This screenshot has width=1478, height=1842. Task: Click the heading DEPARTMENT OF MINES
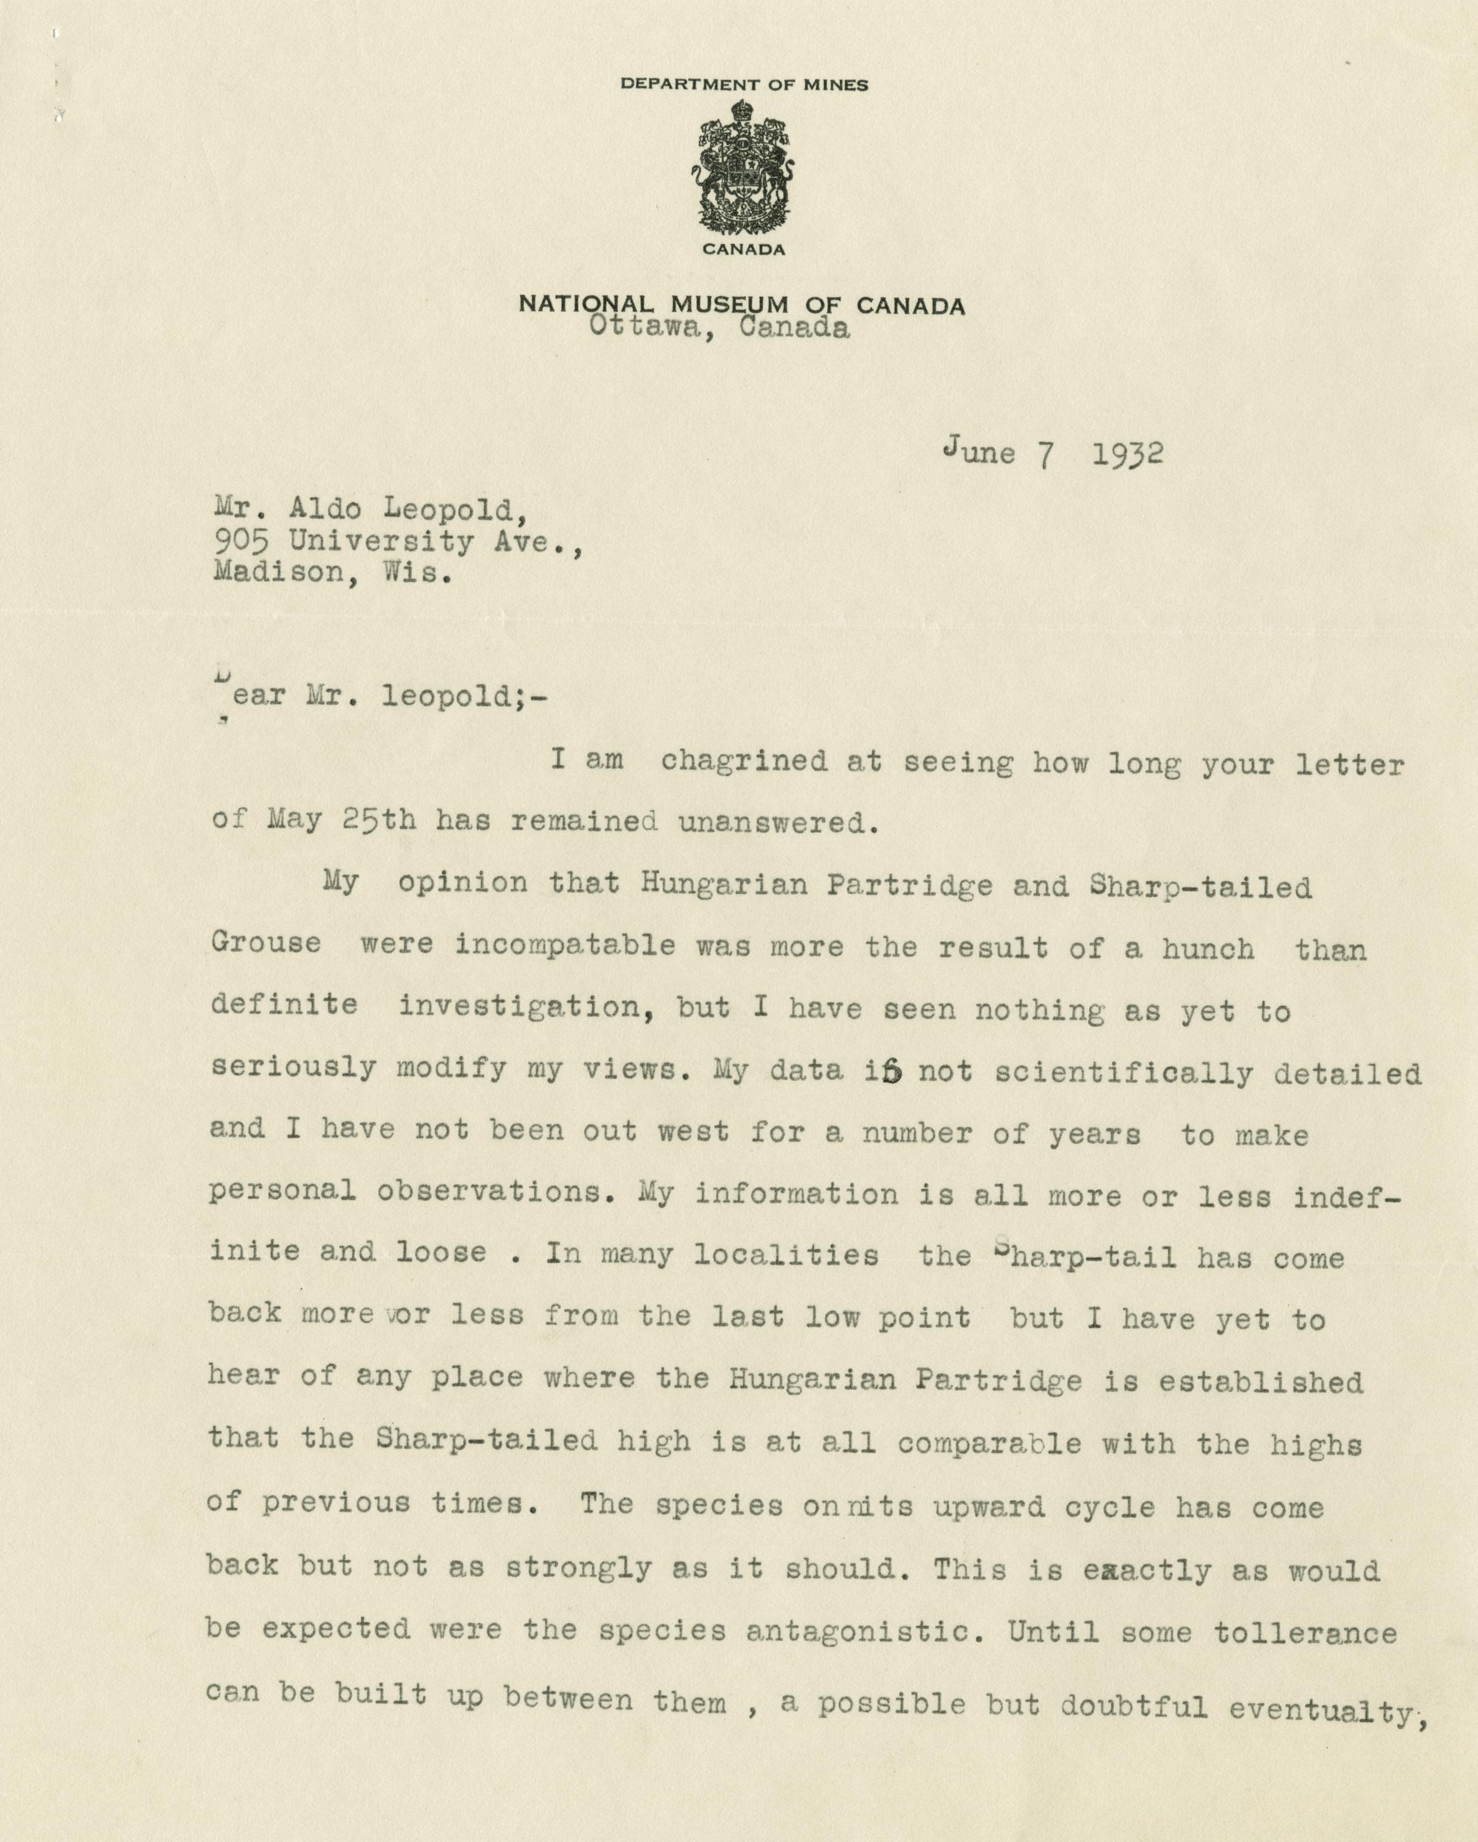[x=744, y=85]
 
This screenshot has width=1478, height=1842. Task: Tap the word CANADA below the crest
[x=743, y=250]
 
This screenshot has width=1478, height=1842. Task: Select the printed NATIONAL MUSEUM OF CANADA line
[x=742, y=305]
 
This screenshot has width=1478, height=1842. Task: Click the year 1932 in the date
[x=1127, y=454]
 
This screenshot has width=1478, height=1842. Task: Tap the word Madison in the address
[x=278, y=573]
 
